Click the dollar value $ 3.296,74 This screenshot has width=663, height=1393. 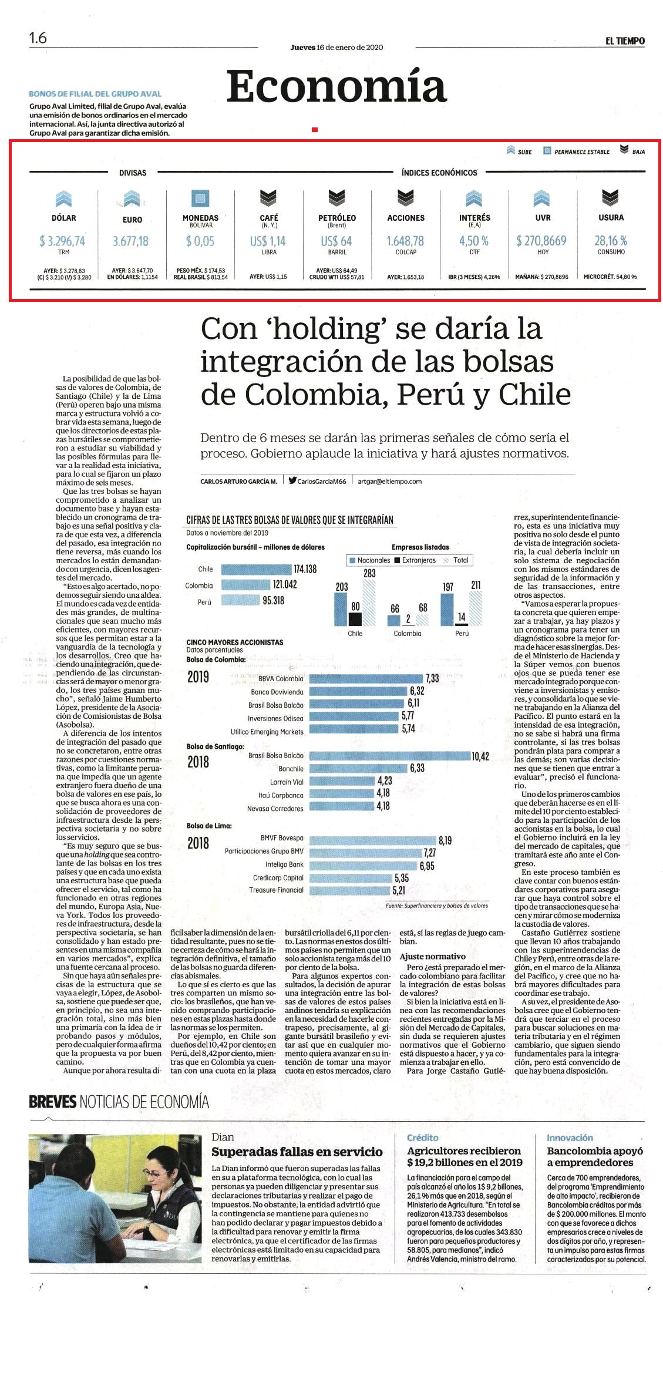pyautogui.click(x=62, y=241)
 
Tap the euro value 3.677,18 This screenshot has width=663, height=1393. pyautogui.click(x=130, y=241)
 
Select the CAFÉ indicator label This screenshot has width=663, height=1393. pyautogui.click(x=268, y=217)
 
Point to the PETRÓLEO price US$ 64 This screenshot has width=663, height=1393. pyautogui.click(x=336, y=241)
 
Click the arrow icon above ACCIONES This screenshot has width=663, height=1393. pyautogui.click(x=405, y=197)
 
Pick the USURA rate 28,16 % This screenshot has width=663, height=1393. pyautogui.click(x=611, y=241)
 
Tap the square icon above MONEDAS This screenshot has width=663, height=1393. pyautogui.click(x=200, y=198)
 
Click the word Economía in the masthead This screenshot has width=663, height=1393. pyautogui.click(x=336, y=86)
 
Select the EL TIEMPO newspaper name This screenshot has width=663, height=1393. pyautogui.click(x=625, y=41)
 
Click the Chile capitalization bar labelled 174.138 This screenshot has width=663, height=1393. pyautogui.click(x=256, y=569)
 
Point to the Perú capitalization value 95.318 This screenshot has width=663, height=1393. pyautogui.click(x=273, y=601)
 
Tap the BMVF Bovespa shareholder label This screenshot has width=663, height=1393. pyautogui.click(x=282, y=838)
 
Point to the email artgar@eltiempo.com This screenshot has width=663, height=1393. pyautogui.click(x=390, y=481)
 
